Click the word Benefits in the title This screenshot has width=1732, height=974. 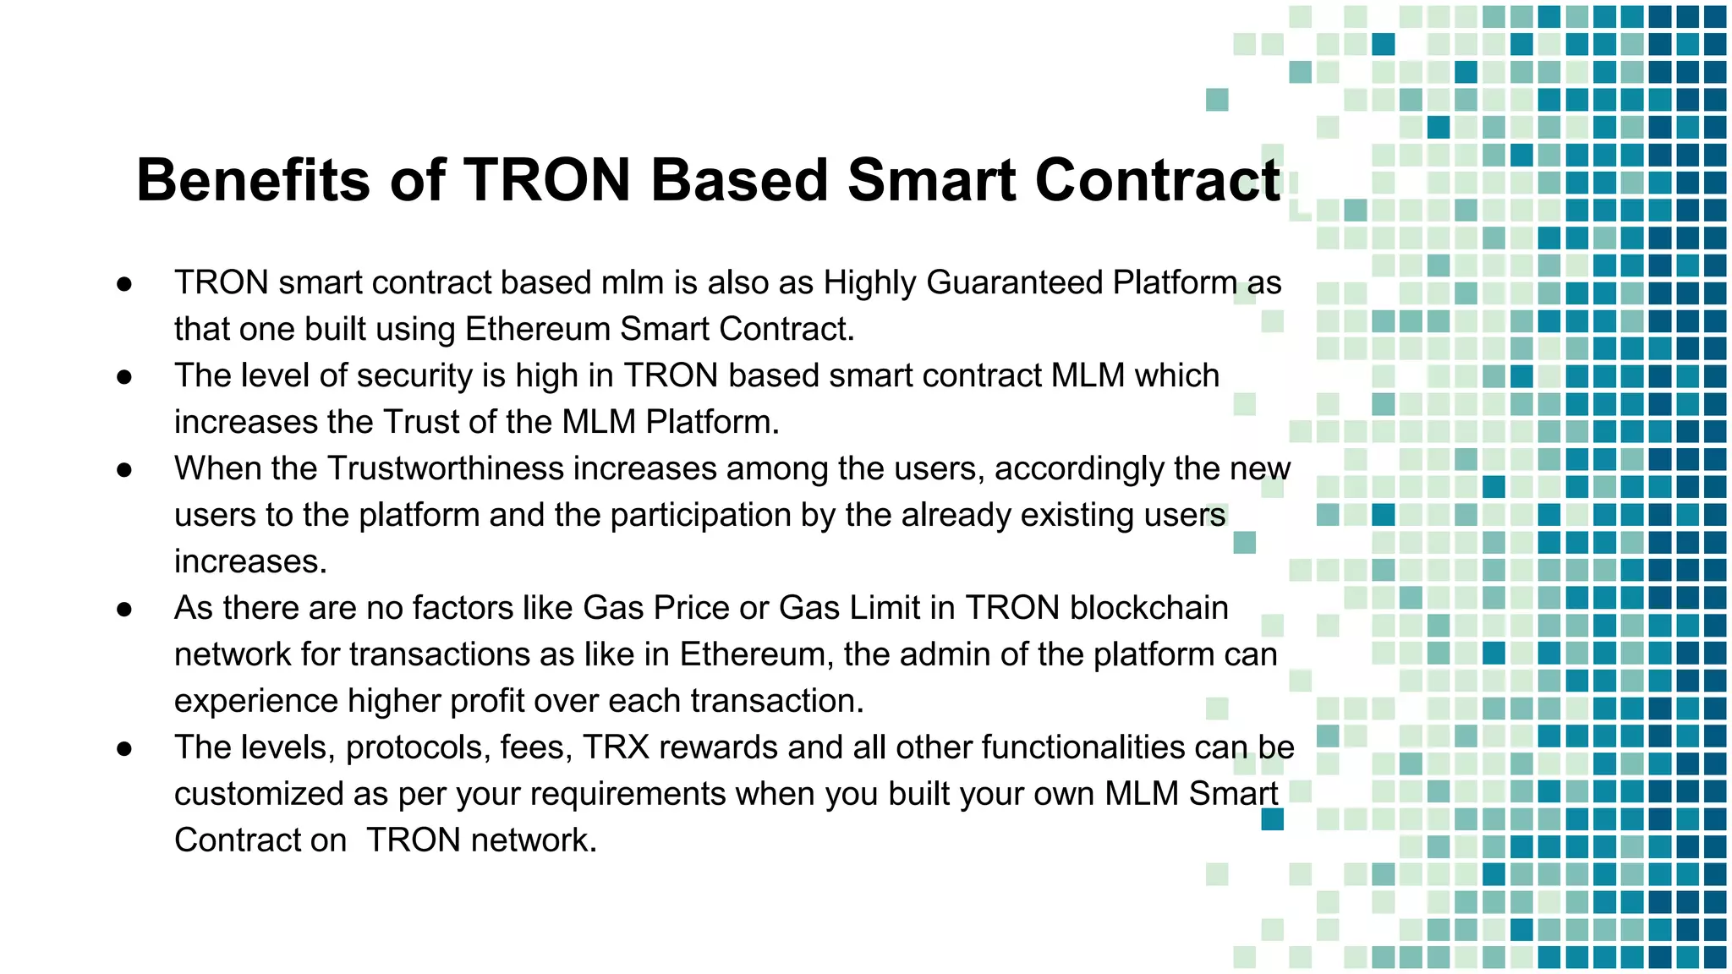click(254, 180)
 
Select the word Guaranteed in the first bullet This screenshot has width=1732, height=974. click(1014, 282)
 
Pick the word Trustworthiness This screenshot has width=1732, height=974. click(445, 468)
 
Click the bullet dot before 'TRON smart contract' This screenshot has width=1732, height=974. click(124, 284)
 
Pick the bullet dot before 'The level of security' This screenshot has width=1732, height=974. click(124, 377)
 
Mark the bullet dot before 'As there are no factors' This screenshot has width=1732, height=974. click(124, 610)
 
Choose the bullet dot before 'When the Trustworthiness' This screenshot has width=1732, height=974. click(124, 470)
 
